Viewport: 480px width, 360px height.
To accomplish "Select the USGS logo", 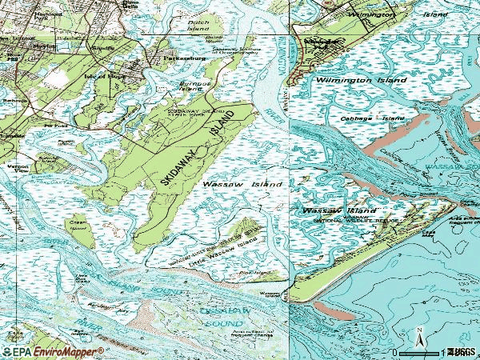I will [x=461, y=351].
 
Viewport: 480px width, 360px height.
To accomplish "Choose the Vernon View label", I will [x=11, y=170].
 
